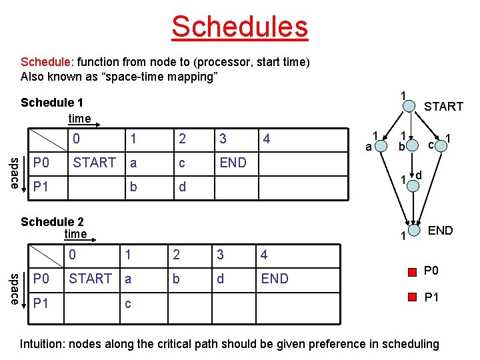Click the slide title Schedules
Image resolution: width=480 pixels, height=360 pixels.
pos(239,27)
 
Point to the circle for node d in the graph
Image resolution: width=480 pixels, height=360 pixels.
pos(413,185)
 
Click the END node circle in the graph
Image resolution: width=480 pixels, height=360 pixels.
pos(413,231)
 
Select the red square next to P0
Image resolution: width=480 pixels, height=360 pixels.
pos(411,271)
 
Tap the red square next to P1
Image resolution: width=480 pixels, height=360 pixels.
pos(411,297)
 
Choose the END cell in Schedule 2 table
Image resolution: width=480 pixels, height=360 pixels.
pos(275,279)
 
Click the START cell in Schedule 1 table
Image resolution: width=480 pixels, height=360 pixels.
pos(94,163)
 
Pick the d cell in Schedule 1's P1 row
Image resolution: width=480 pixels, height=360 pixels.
pos(182,187)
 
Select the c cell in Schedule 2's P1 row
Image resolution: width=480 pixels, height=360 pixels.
pos(127,304)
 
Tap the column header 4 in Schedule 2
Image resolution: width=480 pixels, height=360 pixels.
pos(265,255)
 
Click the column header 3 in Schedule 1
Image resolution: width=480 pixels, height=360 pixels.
pos(223,139)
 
